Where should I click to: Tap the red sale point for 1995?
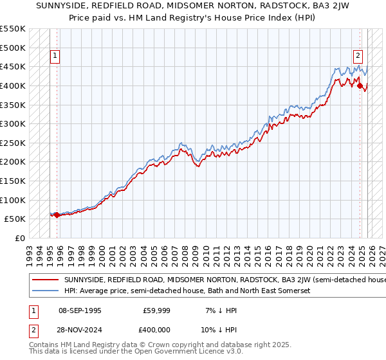[57, 215]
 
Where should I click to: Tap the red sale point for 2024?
[360, 85]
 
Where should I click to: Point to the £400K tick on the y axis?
[13, 85]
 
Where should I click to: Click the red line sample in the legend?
[46, 280]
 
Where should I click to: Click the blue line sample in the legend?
[46, 291]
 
